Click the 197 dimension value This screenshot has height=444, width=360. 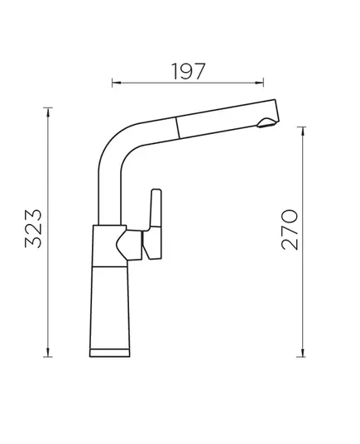point(188,71)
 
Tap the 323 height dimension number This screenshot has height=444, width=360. point(33,229)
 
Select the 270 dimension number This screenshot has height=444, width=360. point(290,230)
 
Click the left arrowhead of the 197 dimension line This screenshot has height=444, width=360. point(117,83)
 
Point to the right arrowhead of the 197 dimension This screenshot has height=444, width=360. point(259,83)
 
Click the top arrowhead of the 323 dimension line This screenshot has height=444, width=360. point(48,112)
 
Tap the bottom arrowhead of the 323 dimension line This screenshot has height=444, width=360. point(48,352)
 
